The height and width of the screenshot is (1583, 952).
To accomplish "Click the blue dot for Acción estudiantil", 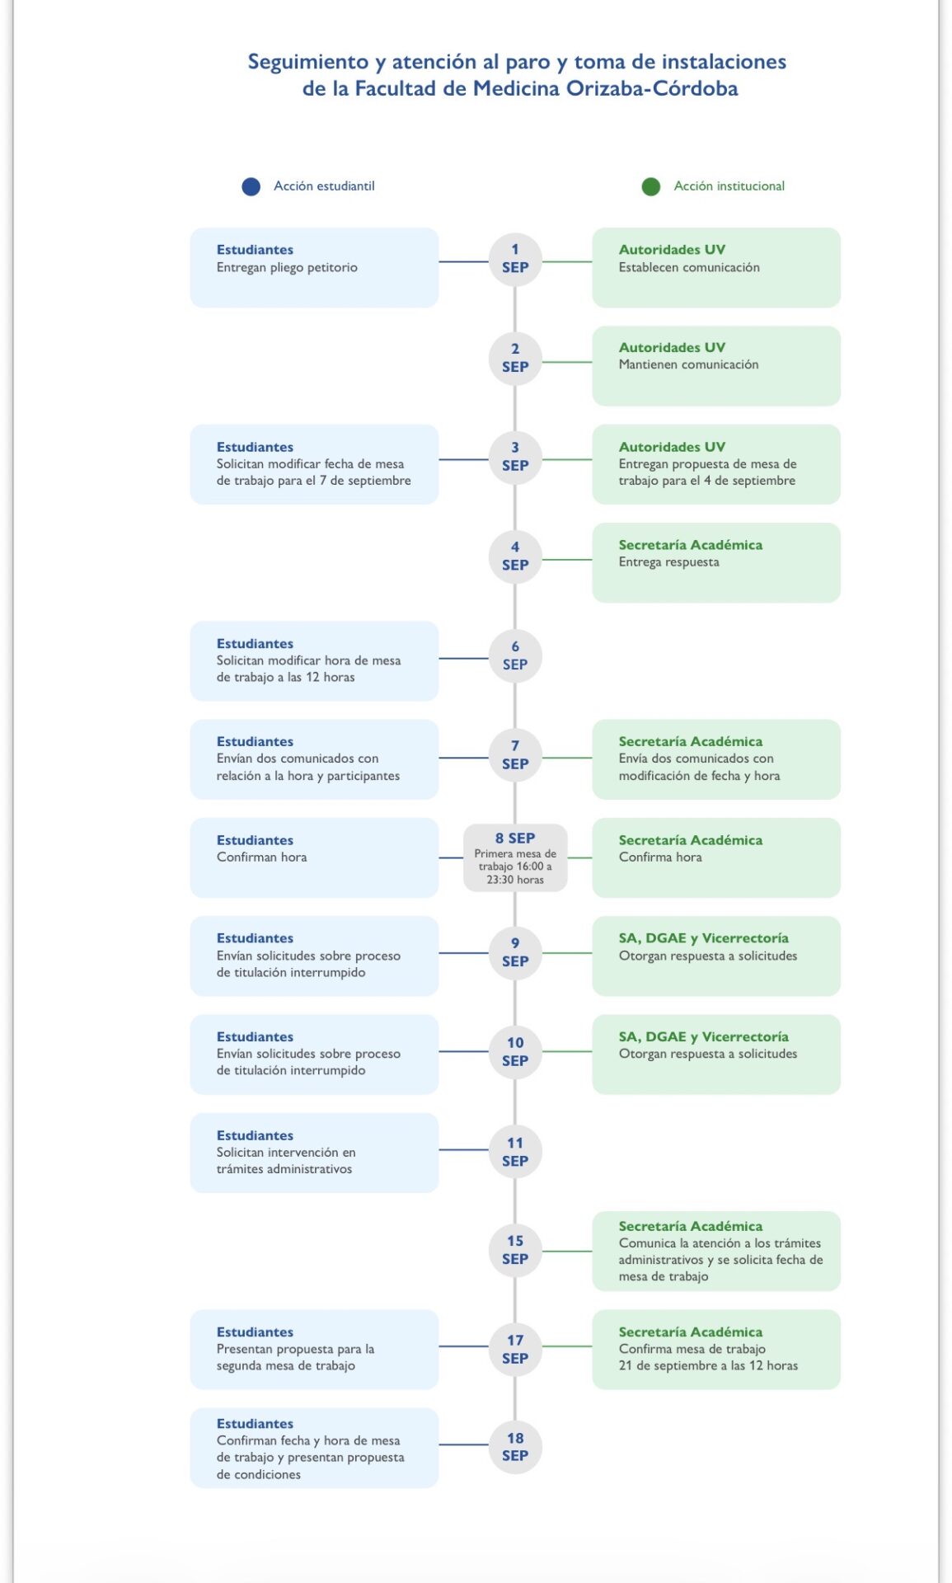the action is (251, 187).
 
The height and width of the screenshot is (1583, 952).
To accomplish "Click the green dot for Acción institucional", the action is (651, 187).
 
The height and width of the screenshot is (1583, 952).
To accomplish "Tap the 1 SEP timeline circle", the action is (515, 260).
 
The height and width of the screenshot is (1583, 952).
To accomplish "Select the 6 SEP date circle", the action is (515, 656).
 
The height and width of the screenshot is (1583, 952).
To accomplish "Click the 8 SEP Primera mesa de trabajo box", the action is (515, 857).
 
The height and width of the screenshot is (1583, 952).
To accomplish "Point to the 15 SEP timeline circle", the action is (515, 1250).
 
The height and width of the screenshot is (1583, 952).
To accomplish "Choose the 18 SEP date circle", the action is (515, 1446).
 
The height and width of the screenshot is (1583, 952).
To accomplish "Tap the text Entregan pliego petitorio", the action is (287, 268).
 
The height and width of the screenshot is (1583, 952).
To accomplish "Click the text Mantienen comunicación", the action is (688, 364).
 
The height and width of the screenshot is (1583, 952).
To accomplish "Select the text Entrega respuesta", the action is (668, 562).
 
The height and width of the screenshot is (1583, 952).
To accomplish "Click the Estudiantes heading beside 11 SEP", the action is (255, 1135).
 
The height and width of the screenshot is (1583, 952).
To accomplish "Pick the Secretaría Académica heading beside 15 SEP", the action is (691, 1226).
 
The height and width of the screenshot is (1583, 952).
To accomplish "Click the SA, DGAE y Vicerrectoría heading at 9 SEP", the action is (703, 938).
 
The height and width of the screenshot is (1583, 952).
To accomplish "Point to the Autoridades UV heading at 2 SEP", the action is (672, 348).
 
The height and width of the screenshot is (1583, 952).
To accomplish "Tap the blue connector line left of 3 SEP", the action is (463, 459).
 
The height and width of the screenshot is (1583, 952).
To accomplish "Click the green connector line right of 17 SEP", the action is (567, 1346).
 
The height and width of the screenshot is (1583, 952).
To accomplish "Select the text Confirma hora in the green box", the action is (660, 857).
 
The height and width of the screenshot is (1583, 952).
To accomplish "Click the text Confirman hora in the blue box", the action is (261, 857).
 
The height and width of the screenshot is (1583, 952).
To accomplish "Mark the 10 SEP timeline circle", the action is (515, 1051).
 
